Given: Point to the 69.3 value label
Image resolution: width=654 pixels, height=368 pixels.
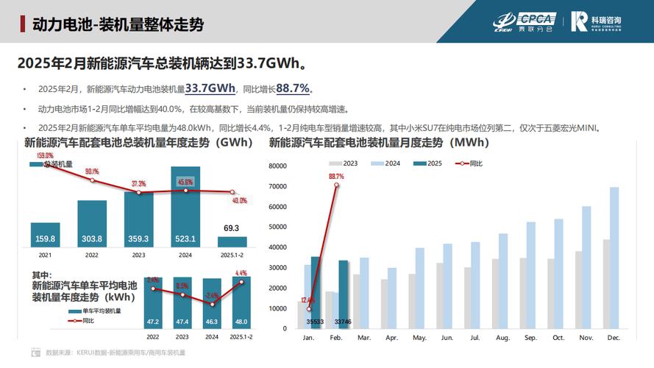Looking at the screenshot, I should pyautogui.click(x=232, y=228).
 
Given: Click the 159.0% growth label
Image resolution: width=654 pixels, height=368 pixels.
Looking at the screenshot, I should pyautogui.click(x=45, y=156).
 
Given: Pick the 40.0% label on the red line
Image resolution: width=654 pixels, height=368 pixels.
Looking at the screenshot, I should pyautogui.click(x=239, y=200).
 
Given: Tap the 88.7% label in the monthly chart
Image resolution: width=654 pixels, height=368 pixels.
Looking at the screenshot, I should pyautogui.click(x=336, y=177).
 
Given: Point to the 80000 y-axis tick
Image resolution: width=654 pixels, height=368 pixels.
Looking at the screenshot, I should pyautogui.click(x=283, y=166).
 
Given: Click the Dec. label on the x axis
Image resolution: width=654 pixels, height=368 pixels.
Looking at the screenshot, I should pyautogui.click(x=614, y=338).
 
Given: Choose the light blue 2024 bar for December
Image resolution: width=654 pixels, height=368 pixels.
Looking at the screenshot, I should pyautogui.click(x=614, y=258).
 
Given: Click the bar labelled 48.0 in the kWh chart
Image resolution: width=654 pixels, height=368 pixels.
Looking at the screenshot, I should pyautogui.click(x=241, y=303).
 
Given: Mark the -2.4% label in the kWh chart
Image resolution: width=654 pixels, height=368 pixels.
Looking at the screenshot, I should pyautogui.click(x=212, y=296).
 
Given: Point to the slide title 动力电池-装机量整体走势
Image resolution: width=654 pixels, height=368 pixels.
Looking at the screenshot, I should pyautogui.click(x=118, y=24).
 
